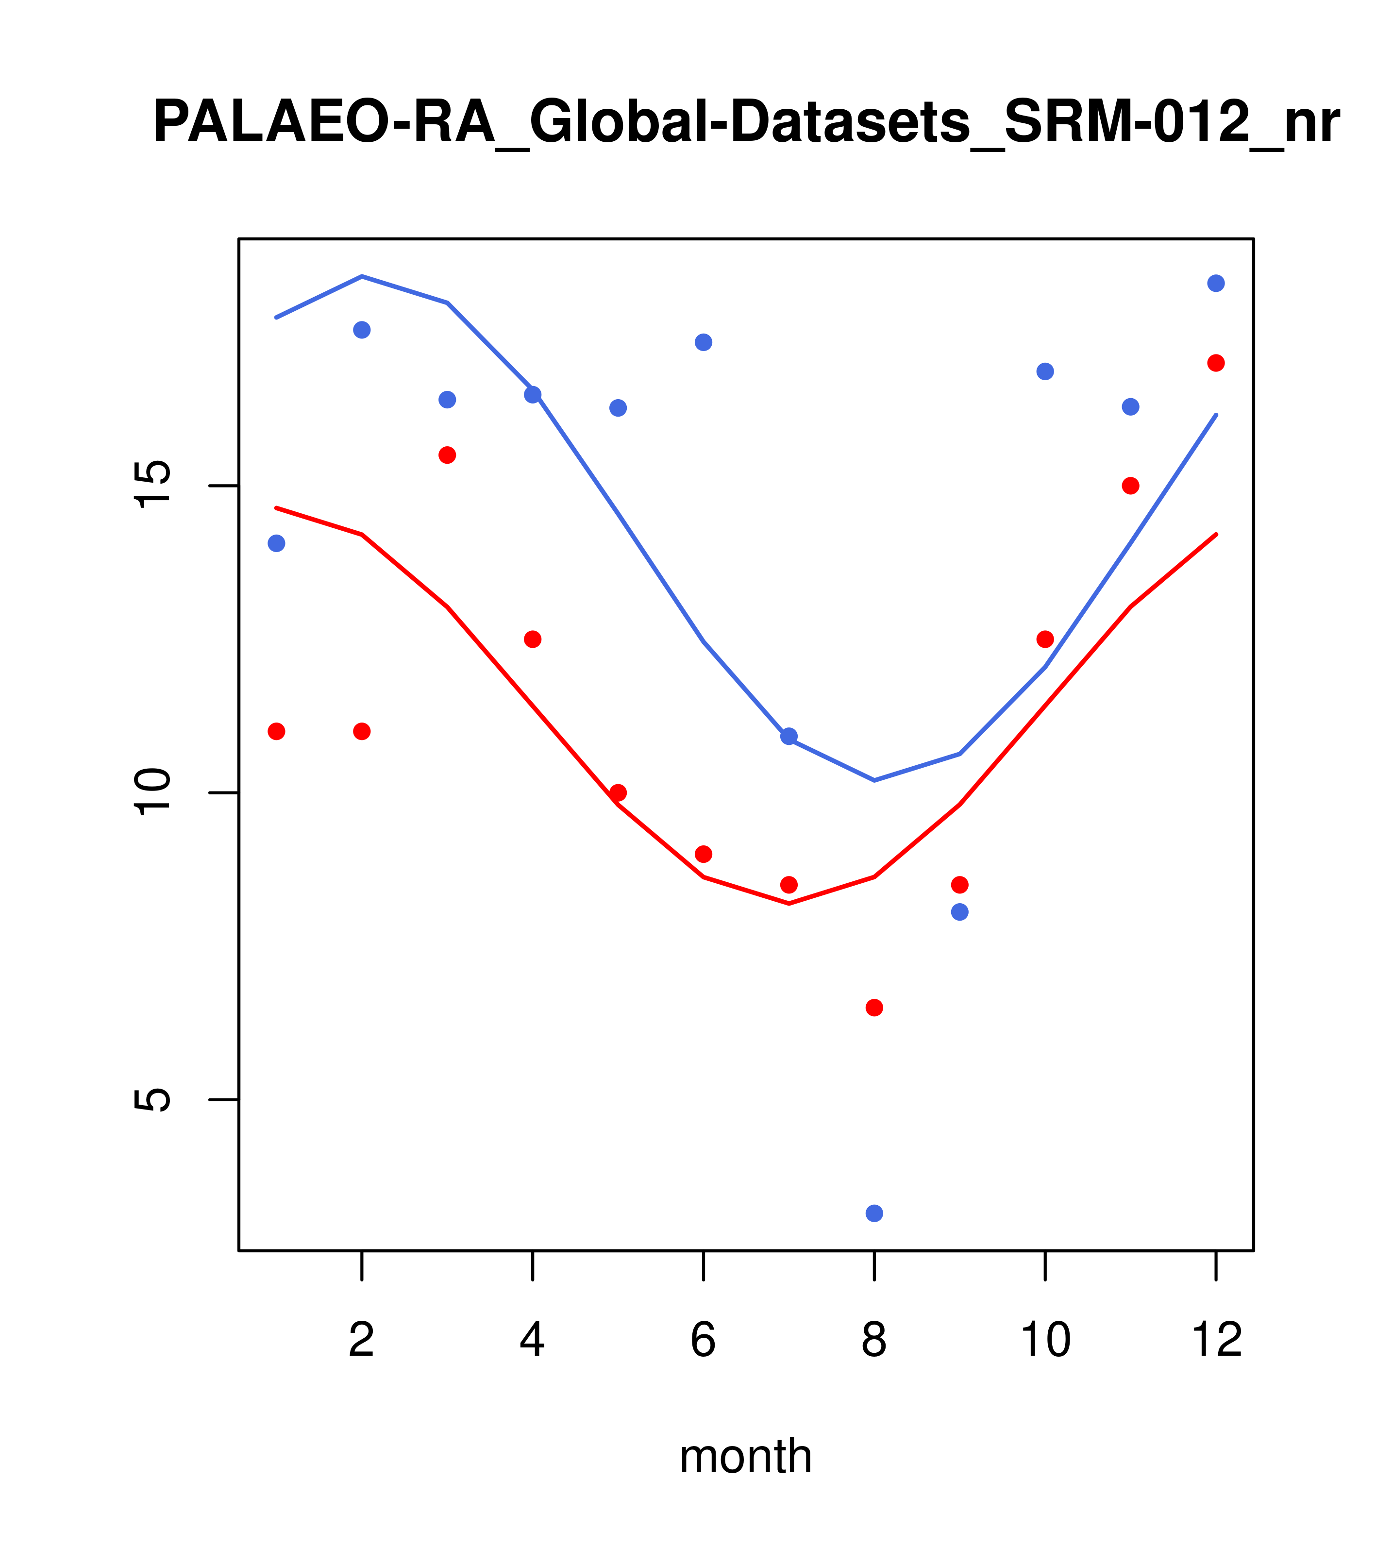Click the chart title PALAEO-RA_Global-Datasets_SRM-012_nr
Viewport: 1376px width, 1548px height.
point(746,123)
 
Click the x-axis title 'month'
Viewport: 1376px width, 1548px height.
point(746,1456)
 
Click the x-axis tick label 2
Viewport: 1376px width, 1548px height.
point(362,1340)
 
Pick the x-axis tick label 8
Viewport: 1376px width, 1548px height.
point(874,1340)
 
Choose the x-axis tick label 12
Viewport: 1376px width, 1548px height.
point(1216,1340)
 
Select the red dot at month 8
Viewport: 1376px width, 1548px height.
point(874,1007)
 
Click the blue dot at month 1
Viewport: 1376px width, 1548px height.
point(276,543)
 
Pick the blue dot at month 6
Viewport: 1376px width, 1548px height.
point(704,341)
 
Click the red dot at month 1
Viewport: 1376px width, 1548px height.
point(276,731)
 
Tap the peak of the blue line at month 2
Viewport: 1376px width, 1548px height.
point(362,276)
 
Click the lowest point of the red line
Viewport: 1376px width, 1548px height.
point(789,904)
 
